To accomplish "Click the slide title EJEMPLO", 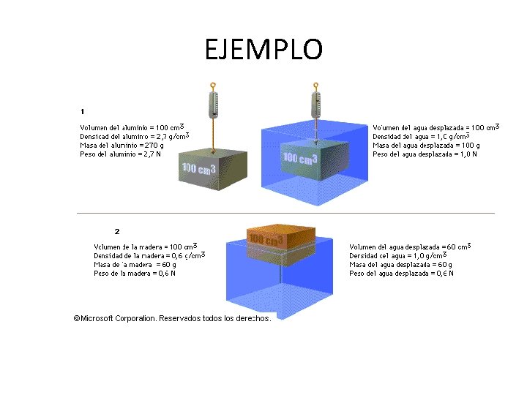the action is point(263,50).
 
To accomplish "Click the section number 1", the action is point(83,112).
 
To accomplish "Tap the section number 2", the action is point(117,232).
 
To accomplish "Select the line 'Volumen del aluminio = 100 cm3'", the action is point(131,127).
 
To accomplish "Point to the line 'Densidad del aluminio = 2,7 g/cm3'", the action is point(134,136).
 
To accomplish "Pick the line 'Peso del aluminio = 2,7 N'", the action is point(121,154).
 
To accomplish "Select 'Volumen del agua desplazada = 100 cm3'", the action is point(436,127).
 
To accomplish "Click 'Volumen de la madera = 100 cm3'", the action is point(145,247).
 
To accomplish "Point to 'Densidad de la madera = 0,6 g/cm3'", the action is point(149,255).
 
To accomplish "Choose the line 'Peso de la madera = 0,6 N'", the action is point(135,274).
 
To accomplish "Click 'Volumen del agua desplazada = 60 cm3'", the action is point(410,247).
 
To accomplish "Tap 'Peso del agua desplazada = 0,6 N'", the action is point(401,274).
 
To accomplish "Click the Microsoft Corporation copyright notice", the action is point(172,318).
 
